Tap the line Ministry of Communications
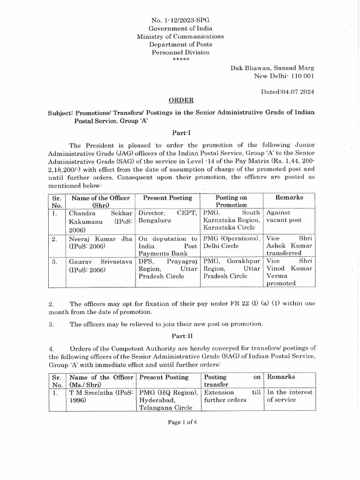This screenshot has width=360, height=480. click(180, 36)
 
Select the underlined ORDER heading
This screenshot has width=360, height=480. click(180, 101)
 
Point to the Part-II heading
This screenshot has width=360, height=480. click(180, 336)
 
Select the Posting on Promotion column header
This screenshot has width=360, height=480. click(231, 201)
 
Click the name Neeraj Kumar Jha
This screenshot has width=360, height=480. click(101, 239)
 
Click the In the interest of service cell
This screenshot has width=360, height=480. click(290, 396)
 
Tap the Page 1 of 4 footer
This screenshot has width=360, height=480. click(180, 422)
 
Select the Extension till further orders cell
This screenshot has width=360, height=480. click(232, 396)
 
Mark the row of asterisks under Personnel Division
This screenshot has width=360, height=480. click(180, 60)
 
